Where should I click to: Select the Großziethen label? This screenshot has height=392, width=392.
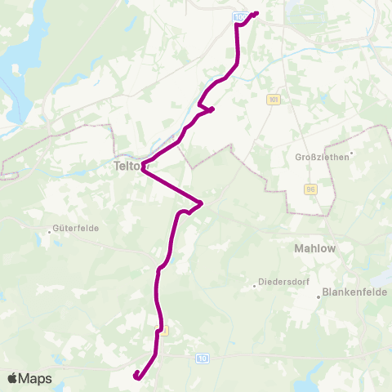(x=322, y=157)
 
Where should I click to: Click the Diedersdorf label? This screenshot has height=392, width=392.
(x=282, y=283)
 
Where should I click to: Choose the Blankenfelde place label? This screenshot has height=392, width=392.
(x=356, y=290)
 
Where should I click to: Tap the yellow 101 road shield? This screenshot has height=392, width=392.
(x=273, y=99)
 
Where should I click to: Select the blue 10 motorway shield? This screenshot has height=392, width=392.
(x=203, y=358)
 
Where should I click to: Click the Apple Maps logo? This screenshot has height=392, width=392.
(x=29, y=378)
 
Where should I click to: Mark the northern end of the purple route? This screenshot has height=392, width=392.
(x=256, y=13)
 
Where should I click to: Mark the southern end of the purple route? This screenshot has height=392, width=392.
(x=136, y=374)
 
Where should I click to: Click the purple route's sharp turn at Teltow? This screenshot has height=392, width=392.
(x=143, y=168)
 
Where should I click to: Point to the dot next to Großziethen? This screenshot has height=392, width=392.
(x=350, y=152)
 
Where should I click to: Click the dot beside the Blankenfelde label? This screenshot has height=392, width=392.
(x=319, y=297)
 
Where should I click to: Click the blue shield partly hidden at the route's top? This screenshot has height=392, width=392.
(x=238, y=16)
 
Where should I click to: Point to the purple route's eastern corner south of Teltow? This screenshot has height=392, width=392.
(x=201, y=203)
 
